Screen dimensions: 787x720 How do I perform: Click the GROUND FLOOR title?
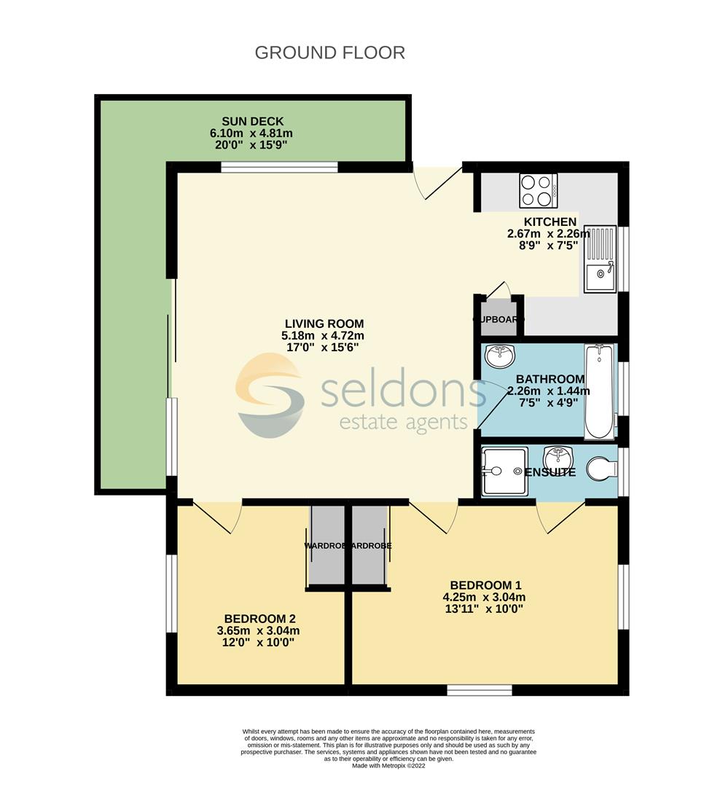tap(329, 53)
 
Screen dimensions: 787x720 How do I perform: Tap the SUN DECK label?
tap(252, 121)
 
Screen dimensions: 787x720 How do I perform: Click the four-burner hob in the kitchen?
tap(538, 190)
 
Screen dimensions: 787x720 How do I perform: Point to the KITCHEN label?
tap(550, 222)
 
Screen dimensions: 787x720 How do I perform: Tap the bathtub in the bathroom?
tap(600, 391)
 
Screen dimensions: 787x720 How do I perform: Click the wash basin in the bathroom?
tap(501, 357)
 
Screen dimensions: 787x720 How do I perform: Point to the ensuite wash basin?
tap(560, 458)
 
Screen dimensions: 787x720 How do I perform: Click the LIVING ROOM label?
tap(324, 324)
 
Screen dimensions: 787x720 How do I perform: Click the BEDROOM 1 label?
tap(485, 585)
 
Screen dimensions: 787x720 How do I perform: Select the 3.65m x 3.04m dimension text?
tap(259, 631)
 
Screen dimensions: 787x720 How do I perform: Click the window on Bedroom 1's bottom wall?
tap(479, 689)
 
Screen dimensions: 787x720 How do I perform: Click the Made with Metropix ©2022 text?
tap(388, 766)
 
